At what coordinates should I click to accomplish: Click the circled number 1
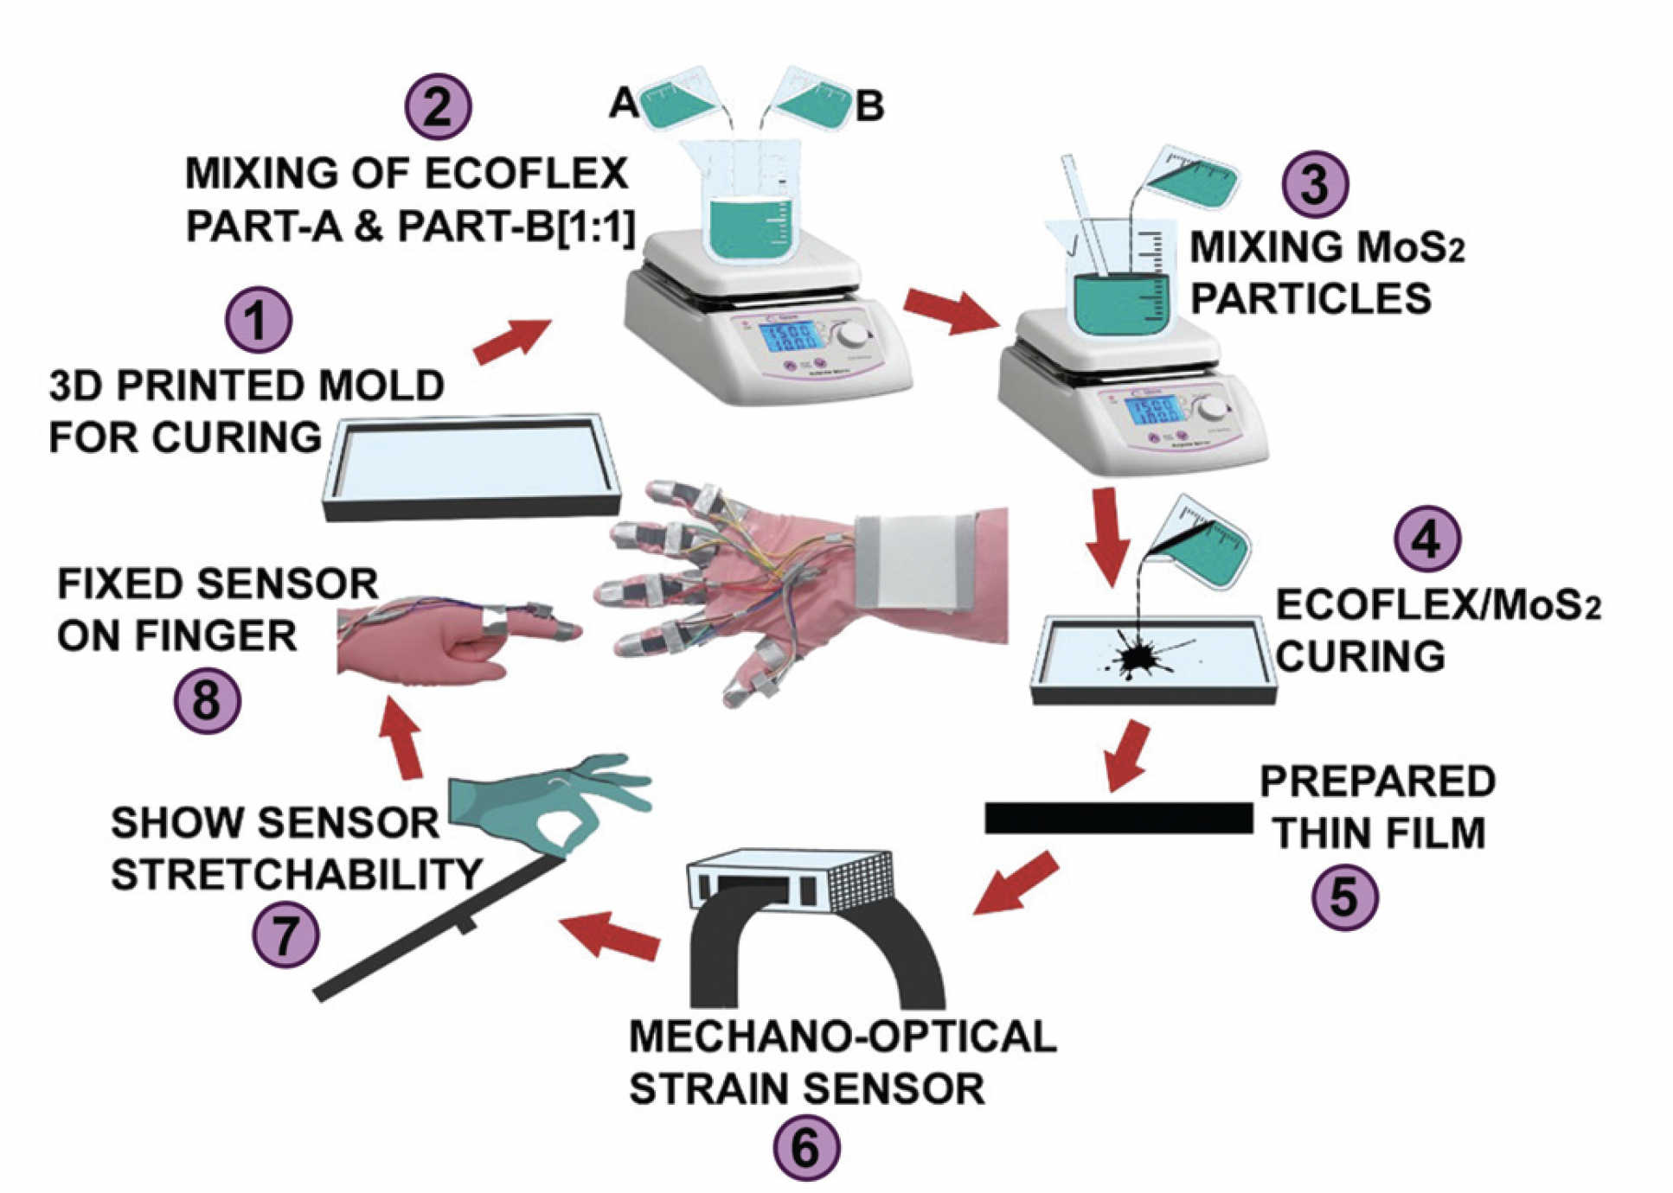[258, 320]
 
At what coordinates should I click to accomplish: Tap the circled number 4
[1426, 539]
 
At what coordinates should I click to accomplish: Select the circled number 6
[805, 1147]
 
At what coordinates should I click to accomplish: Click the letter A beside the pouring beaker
[623, 104]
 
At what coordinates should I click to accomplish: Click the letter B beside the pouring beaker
[869, 106]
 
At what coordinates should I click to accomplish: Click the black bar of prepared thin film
[1118, 818]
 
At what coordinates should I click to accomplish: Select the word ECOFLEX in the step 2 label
[526, 174]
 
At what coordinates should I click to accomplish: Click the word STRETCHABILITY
[297, 874]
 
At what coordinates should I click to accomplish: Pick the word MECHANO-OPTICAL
[842, 1036]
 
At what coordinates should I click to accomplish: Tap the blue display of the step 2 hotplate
[786, 337]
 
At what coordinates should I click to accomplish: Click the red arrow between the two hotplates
[949, 310]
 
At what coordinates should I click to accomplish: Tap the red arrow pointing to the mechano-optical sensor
[1018, 882]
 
